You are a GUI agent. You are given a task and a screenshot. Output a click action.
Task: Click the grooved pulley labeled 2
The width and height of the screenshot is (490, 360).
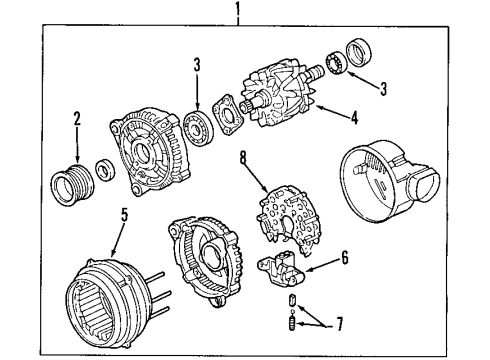point(67,186)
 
